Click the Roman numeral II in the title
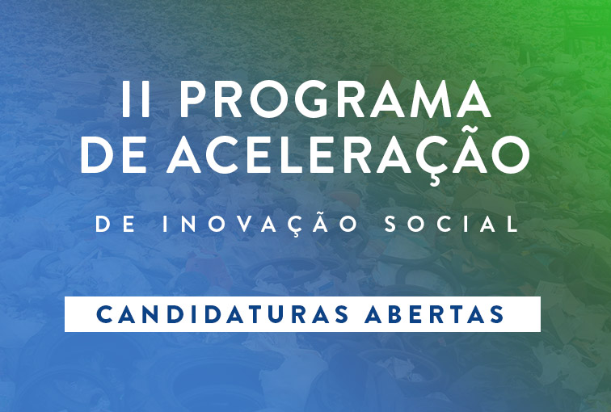point(136,99)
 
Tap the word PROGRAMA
point(335,99)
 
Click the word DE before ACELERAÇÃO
point(113,155)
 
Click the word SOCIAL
point(452,225)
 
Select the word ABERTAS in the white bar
point(434,314)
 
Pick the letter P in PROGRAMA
point(192,99)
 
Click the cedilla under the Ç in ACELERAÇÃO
point(434,179)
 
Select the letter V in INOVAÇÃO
point(247,225)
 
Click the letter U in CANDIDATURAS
point(275,314)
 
